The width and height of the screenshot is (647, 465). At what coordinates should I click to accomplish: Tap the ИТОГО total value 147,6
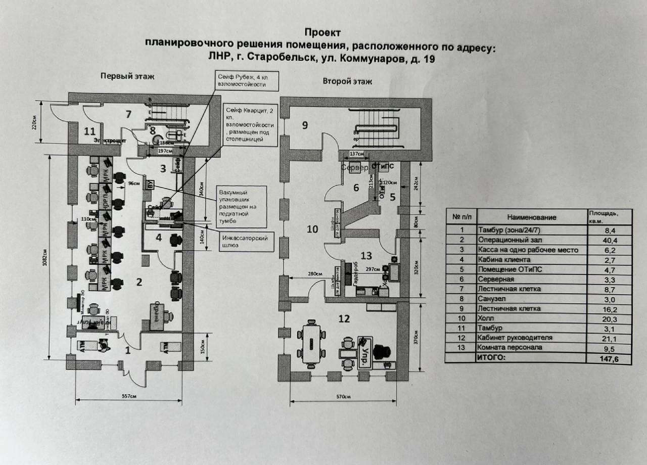click(610, 358)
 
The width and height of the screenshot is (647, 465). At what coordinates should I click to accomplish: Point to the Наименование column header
click(531, 217)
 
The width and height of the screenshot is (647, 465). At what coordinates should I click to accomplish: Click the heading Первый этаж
click(127, 76)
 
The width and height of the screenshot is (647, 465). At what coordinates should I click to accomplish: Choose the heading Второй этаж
click(347, 81)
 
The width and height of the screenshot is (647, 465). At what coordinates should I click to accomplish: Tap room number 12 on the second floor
click(344, 319)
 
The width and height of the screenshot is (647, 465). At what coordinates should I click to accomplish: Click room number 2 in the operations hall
click(139, 282)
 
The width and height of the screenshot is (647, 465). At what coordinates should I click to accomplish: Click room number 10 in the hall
click(312, 229)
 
